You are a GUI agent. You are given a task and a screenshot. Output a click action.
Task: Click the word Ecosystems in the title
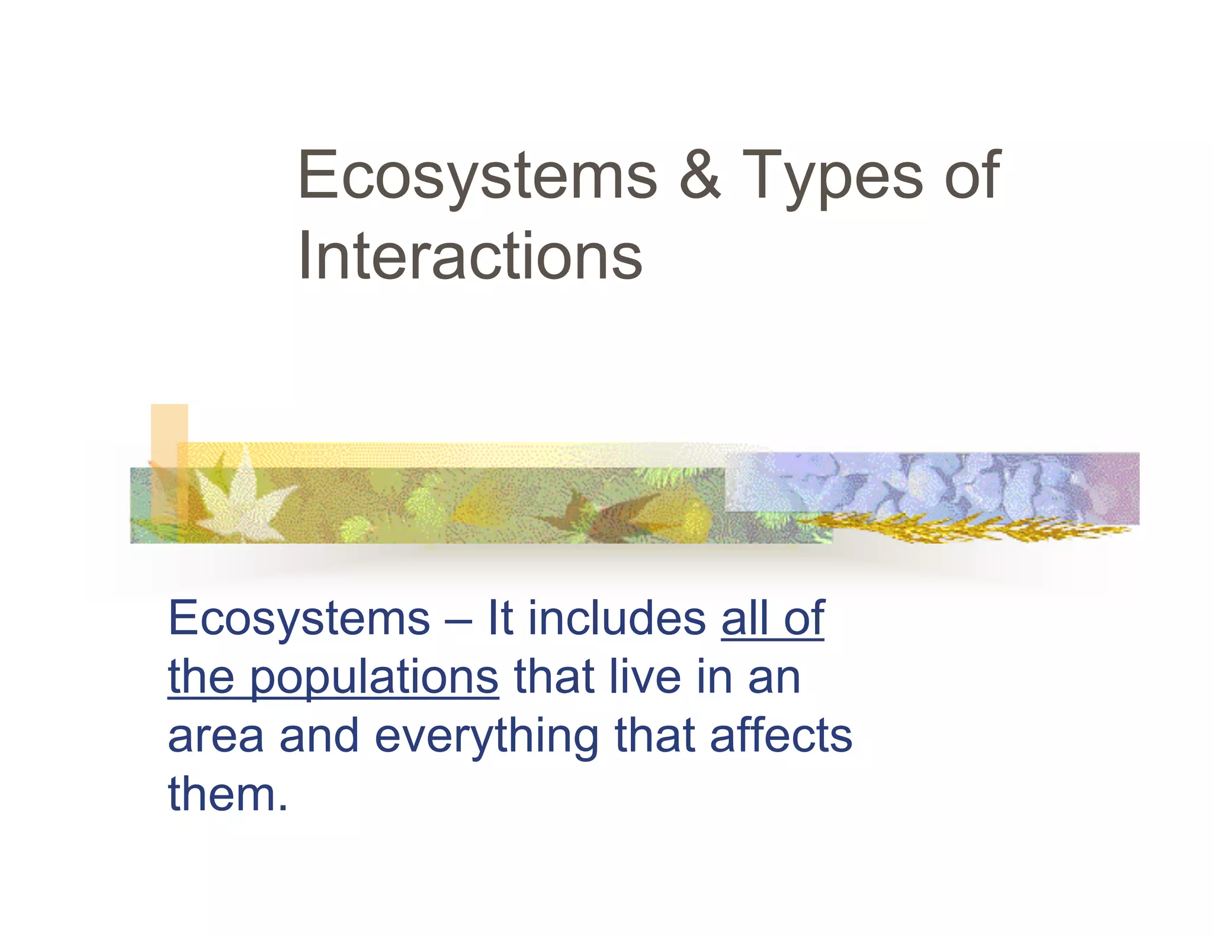477,176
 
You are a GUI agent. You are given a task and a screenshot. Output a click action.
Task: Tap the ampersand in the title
700,175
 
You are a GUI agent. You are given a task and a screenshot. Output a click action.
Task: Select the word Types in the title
832,176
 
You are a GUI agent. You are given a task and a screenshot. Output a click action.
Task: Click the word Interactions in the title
470,256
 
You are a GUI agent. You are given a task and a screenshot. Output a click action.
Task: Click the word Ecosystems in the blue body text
299,620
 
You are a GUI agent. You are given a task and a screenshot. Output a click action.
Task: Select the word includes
617,618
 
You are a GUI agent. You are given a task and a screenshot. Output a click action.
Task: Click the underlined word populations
374,679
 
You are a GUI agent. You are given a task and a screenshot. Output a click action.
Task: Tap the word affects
781,736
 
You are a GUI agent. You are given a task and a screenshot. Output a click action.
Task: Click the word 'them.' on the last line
228,794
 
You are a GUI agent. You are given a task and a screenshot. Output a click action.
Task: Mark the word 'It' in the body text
500,618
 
